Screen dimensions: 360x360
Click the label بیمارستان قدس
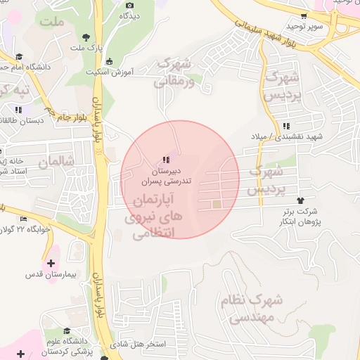[51, 273]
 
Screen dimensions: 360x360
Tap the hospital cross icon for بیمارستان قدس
[51, 262]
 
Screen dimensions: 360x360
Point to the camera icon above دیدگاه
[129, 6]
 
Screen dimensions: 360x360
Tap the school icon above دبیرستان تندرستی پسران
[166, 160]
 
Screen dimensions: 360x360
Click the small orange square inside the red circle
[217, 205]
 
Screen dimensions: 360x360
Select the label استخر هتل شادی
[141, 345]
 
